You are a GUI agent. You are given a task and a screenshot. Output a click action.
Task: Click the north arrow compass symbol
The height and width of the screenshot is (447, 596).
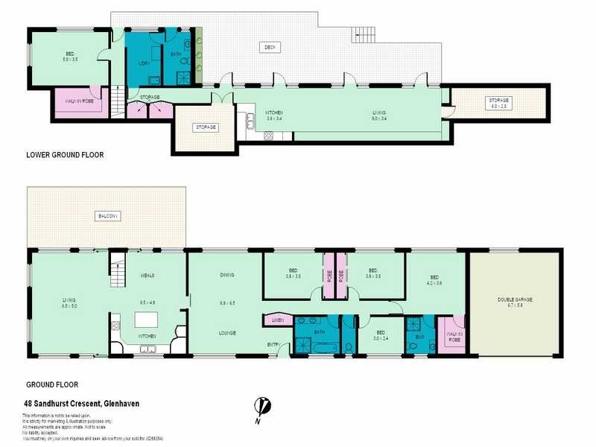click(261, 408)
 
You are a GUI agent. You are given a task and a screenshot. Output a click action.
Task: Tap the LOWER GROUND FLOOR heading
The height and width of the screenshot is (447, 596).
click(65, 155)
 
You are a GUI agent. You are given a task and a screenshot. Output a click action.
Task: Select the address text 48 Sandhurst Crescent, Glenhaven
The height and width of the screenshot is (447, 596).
click(82, 404)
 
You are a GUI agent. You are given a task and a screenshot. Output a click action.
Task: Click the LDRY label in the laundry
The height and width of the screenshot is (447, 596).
click(144, 63)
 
